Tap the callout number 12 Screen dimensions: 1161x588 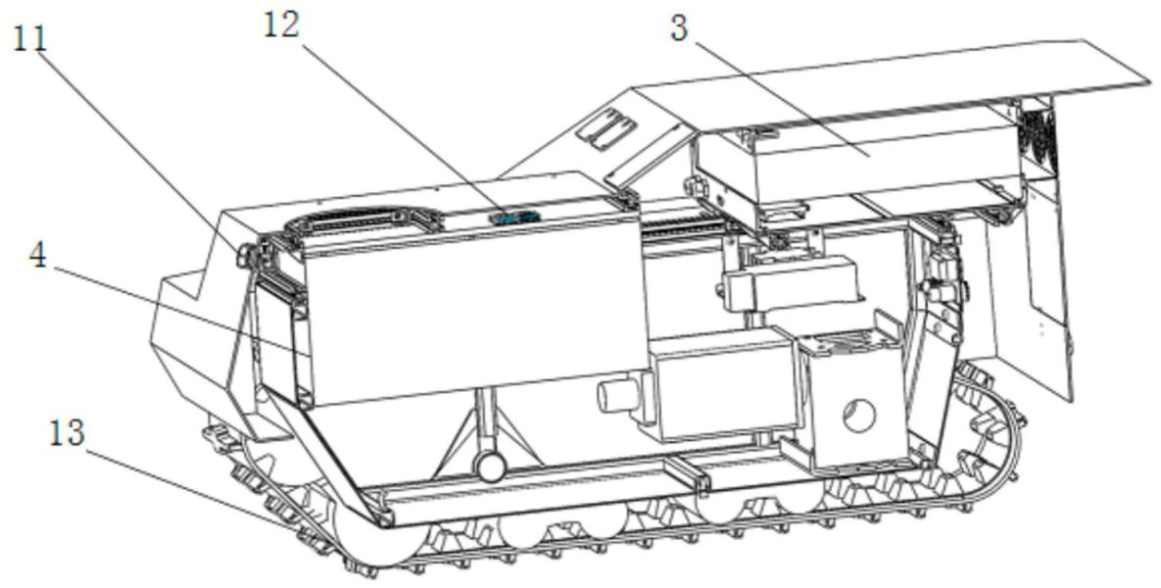281,25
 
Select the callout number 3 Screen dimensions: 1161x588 679,28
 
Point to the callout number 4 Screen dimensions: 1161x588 38,255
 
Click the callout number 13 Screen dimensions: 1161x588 68,433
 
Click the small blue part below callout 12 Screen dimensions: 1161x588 513,217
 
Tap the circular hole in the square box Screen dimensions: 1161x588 859,416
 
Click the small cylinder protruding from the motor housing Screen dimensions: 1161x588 614,396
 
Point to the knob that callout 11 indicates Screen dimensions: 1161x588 245,256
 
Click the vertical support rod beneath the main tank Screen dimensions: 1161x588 485,422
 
